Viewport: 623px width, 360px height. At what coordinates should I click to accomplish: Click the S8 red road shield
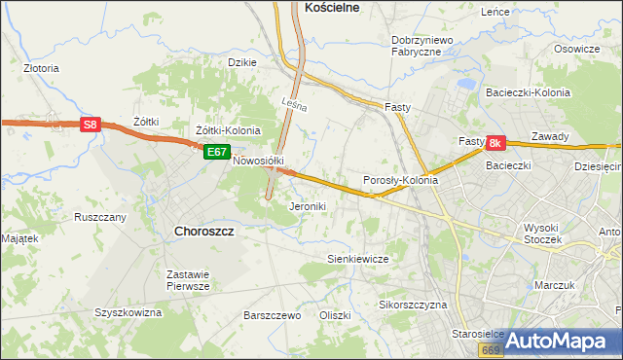click(x=91, y=125)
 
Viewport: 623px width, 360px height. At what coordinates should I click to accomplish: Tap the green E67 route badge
click(x=216, y=152)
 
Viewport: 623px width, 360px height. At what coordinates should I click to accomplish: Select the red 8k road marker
click(x=495, y=143)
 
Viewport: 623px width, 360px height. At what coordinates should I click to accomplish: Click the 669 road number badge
click(x=492, y=348)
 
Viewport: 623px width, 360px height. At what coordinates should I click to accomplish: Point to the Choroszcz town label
click(x=202, y=232)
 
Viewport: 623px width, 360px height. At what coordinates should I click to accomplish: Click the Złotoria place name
click(x=42, y=69)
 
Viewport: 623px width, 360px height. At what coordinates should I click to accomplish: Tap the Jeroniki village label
click(x=308, y=206)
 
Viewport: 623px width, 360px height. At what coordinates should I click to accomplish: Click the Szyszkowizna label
click(x=128, y=313)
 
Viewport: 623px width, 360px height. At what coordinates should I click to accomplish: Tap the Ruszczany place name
click(x=100, y=217)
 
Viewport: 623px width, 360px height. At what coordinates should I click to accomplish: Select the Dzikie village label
click(x=241, y=62)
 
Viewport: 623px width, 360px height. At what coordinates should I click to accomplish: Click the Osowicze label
click(x=576, y=49)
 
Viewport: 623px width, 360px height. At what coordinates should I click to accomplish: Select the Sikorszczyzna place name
click(x=413, y=305)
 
